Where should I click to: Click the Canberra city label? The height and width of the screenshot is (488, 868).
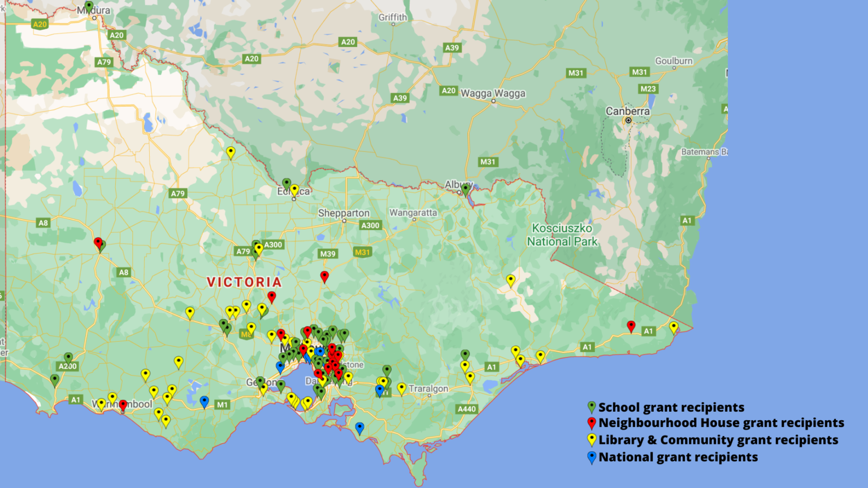point(627,111)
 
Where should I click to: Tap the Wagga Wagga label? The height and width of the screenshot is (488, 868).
point(493,93)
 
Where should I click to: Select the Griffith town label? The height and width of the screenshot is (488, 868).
point(393,18)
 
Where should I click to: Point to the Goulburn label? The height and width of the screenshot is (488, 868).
point(674,61)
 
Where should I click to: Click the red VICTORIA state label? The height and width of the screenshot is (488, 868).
point(244,282)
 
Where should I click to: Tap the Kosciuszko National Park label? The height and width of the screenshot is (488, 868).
point(562,235)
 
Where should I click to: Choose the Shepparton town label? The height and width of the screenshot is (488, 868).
point(344,213)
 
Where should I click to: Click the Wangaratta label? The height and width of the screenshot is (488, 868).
point(413,213)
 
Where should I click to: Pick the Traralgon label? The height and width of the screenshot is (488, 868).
point(428,389)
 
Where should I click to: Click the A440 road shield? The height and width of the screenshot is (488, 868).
point(467,409)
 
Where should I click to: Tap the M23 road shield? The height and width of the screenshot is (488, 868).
point(648,89)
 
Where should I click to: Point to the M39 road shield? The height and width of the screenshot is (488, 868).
point(328,254)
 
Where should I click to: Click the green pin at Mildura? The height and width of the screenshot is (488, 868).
point(89,7)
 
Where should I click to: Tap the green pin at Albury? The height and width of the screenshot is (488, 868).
point(466,189)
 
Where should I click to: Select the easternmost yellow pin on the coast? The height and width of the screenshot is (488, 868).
point(674,326)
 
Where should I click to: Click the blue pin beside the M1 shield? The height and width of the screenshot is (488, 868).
point(205,401)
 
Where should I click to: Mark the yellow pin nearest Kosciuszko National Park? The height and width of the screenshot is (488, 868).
point(511,280)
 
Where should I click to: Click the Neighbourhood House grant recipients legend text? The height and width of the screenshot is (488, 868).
point(721,423)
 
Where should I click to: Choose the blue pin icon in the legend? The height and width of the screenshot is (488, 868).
point(592,457)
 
